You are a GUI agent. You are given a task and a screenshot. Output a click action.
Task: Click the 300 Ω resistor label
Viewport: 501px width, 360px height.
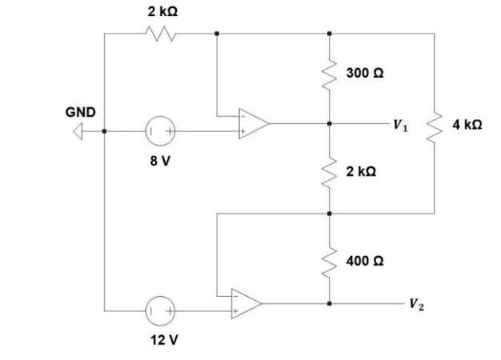pyautogui.click(x=364, y=73)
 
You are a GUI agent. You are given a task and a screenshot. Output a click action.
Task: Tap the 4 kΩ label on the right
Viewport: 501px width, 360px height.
pyautogui.click(x=466, y=125)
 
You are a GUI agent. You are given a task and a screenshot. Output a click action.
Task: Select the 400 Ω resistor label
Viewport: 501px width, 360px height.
pyautogui.click(x=364, y=261)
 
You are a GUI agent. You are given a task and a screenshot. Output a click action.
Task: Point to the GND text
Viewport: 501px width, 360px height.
pyautogui.click(x=80, y=113)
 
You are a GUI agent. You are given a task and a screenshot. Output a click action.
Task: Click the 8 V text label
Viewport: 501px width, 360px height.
pyautogui.click(x=160, y=160)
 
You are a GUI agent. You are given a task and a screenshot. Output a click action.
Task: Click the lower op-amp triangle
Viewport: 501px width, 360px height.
pyautogui.click(x=245, y=304)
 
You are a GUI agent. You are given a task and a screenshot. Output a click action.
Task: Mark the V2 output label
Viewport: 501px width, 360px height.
pyautogui.click(x=415, y=304)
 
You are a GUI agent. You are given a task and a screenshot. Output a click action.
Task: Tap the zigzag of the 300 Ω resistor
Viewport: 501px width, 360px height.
pyautogui.click(x=329, y=74)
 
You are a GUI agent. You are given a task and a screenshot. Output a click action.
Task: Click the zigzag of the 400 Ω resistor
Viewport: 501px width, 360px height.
pyautogui.click(x=329, y=260)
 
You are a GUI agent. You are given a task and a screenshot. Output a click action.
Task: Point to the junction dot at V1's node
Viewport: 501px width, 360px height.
pyautogui.click(x=329, y=125)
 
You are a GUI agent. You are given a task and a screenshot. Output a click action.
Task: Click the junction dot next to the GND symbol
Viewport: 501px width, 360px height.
pyautogui.click(x=104, y=130)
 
